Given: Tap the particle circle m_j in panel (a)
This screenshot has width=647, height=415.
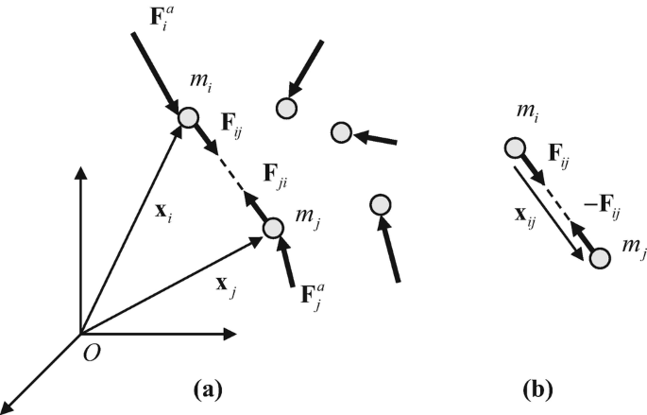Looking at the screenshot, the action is coord(273,228).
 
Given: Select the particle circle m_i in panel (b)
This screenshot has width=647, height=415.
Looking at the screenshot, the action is coord(515,147).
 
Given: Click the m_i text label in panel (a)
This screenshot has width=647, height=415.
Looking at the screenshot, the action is coord(225,88).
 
